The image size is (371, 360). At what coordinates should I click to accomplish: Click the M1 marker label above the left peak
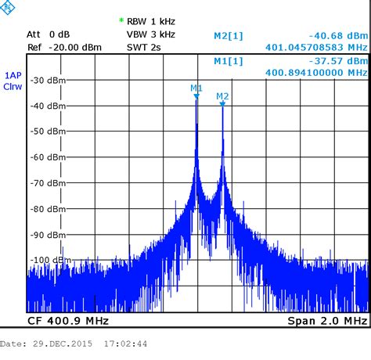pos(196,88)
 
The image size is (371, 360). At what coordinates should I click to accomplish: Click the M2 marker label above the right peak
pos(222,96)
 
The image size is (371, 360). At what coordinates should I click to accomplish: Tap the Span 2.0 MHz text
pos(327,322)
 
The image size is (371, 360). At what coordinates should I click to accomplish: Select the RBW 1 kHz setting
pos(151,21)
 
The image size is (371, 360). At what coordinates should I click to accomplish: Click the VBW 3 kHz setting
pos(151,34)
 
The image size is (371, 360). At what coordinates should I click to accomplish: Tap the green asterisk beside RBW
pos(121,20)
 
